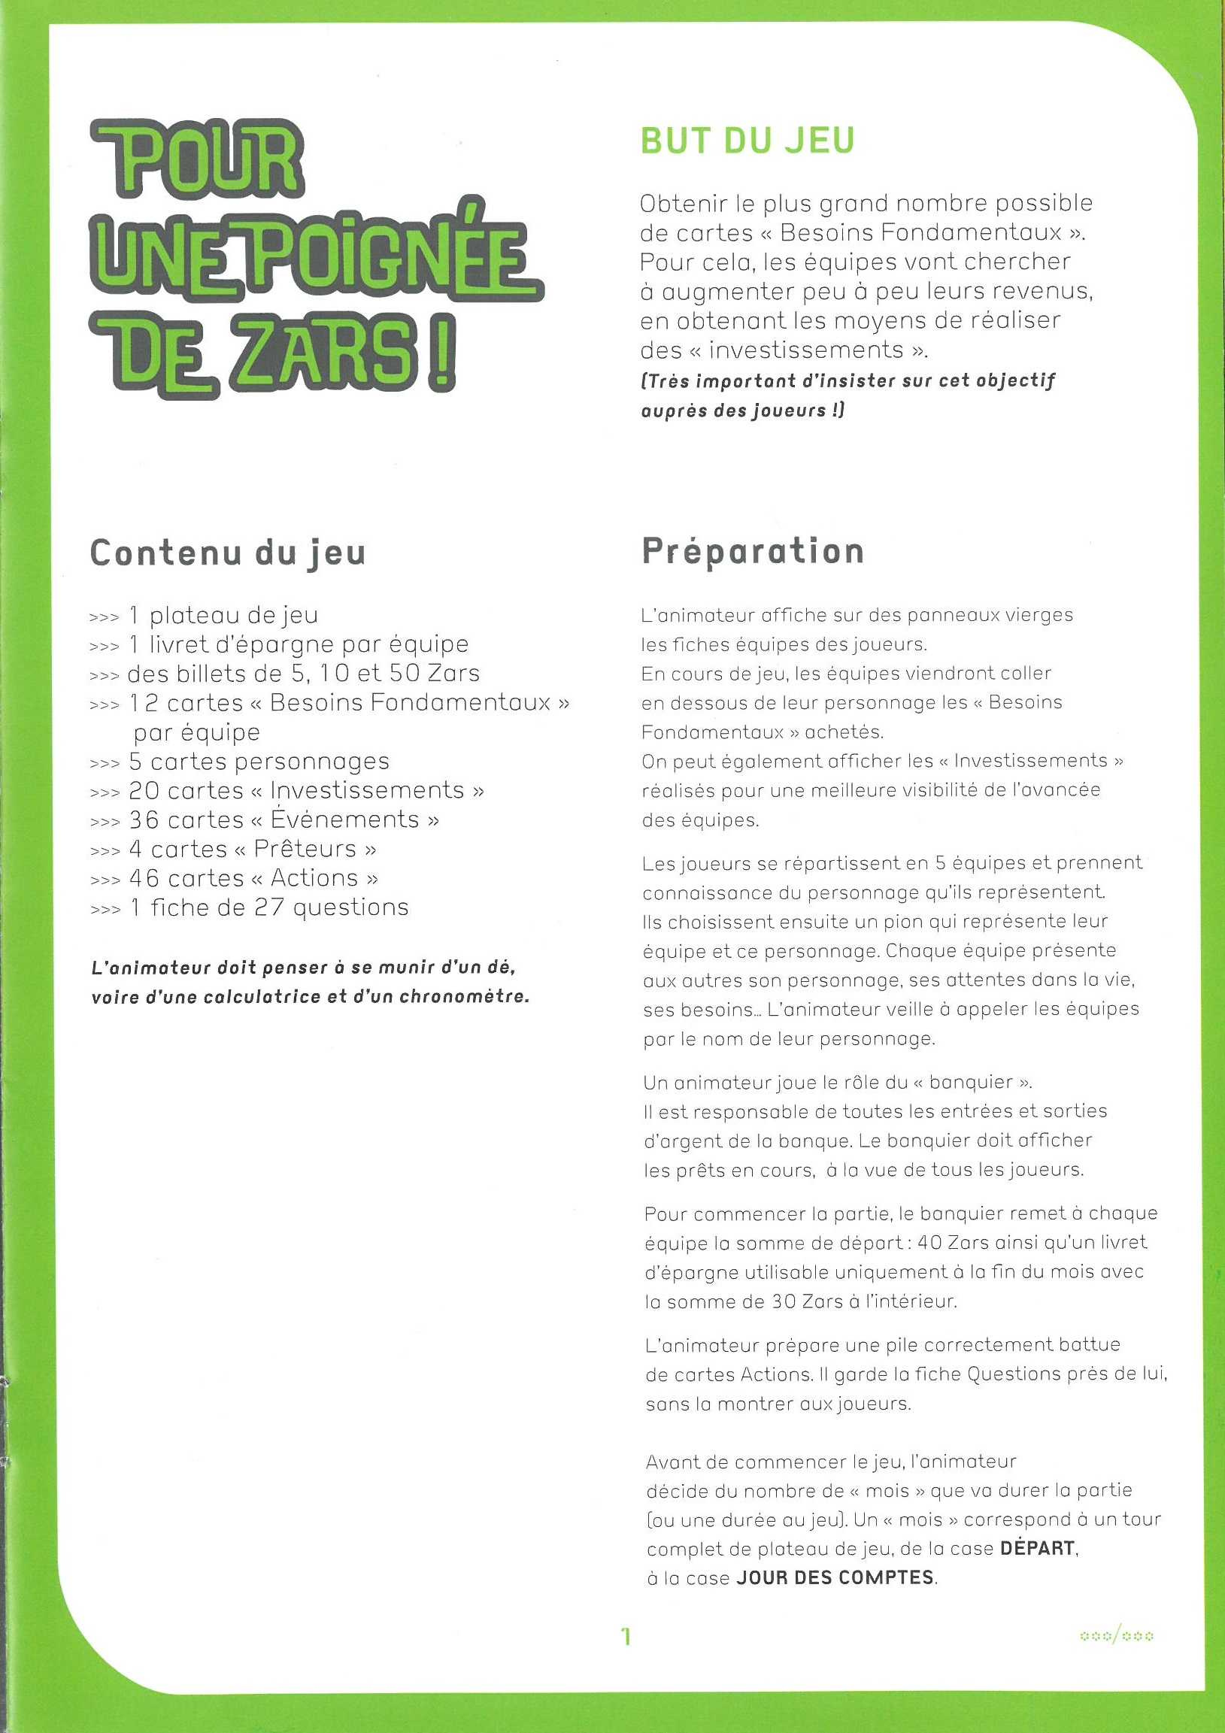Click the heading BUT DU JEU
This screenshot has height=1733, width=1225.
click(x=747, y=141)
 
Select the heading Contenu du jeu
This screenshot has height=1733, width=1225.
click(x=228, y=553)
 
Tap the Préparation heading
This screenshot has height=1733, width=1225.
click(x=753, y=552)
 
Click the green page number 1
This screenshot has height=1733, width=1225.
click(x=625, y=1636)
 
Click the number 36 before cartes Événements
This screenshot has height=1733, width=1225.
click(x=144, y=820)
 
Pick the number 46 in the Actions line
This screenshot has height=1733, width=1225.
click(x=144, y=878)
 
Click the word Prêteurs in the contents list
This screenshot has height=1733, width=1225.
click(x=305, y=849)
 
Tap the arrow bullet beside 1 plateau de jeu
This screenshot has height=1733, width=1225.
click(x=105, y=618)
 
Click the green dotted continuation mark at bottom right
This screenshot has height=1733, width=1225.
click(x=1117, y=1636)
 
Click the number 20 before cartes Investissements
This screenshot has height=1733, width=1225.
click(x=144, y=790)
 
